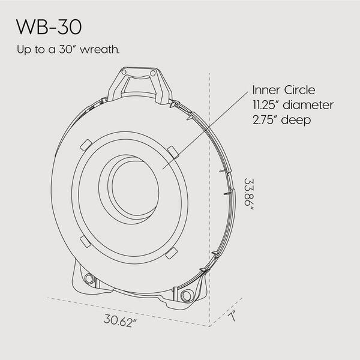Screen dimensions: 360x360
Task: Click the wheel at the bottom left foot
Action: pos(91,279)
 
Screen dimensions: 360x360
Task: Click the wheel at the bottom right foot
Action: pos(186,296)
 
